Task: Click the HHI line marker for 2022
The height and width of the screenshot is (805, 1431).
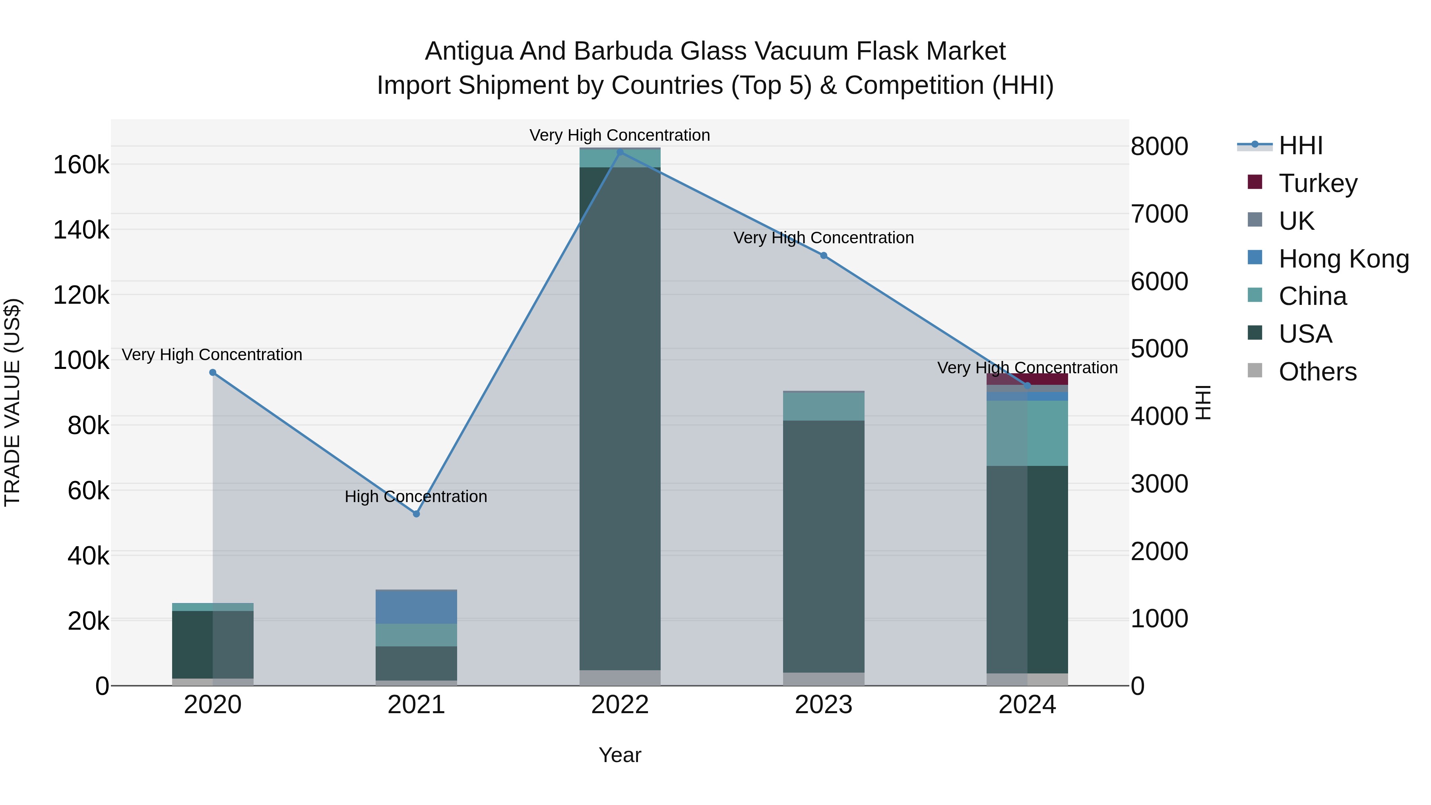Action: (x=620, y=152)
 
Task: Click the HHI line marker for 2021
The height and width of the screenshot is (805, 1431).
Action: (x=416, y=514)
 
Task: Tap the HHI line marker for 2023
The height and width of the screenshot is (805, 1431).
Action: (x=824, y=256)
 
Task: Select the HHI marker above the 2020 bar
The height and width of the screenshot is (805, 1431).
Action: (x=213, y=373)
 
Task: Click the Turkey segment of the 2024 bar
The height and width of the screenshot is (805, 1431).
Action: (x=1027, y=378)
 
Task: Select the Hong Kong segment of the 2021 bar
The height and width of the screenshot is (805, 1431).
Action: (x=416, y=607)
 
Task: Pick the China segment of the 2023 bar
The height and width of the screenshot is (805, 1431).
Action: (x=824, y=406)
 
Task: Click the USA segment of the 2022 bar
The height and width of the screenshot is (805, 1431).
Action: (x=620, y=417)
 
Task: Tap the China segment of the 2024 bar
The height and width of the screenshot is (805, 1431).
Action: (x=1027, y=433)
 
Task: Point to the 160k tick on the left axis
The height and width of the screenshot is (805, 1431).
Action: (x=81, y=165)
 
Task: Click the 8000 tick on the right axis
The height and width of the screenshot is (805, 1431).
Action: (x=1160, y=147)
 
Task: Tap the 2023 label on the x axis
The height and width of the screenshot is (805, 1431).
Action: (x=824, y=705)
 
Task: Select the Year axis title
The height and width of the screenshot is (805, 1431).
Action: (x=620, y=755)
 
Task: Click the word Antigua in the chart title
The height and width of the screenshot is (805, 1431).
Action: (x=468, y=51)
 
